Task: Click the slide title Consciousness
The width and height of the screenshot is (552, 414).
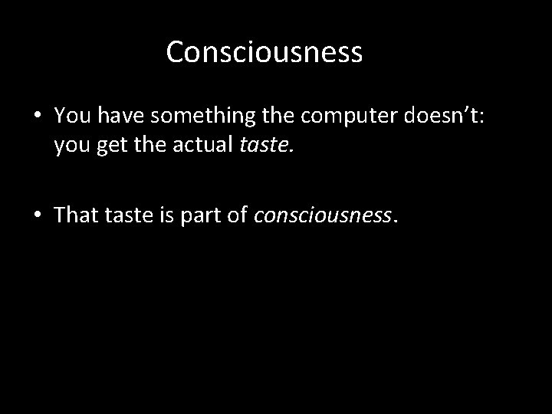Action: pyautogui.click(x=264, y=53)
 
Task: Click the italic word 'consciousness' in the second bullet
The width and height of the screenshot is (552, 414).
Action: pyautogui.click(x=322, y=215)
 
